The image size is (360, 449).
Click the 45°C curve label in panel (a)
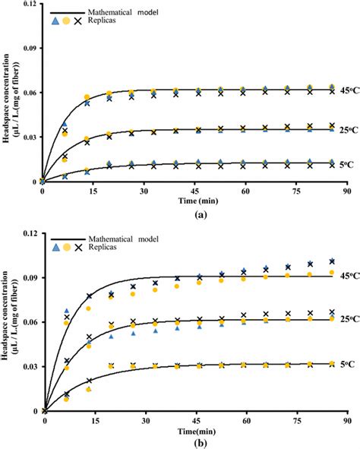[x=349, y=95]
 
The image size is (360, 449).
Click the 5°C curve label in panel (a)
[x=348, y=163]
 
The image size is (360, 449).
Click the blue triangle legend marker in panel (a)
[x=54, y=22]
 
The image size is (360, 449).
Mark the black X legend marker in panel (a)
[x=79, y=22]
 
